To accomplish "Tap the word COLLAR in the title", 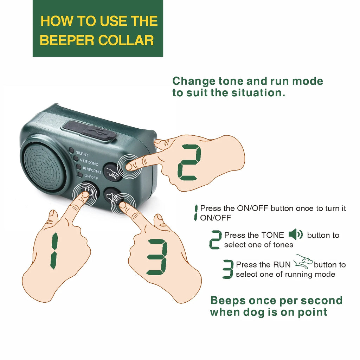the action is (x=126, y=40).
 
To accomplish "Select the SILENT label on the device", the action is (x=82, y=154).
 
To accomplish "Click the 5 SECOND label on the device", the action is (x=89, y=162).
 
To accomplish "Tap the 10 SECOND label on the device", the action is (x=92, y=170).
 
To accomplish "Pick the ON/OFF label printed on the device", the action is (x=91, y=176).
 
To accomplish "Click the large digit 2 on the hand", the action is (x=189, y=162).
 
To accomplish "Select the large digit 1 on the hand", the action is (x=54, y=251).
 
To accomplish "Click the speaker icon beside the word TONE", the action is (x=296, y=234).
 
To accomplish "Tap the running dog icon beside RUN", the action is (x=303, y=262).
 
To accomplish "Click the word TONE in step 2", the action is (x=272, y=235).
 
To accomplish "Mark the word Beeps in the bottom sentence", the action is (x=228, y=301).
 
